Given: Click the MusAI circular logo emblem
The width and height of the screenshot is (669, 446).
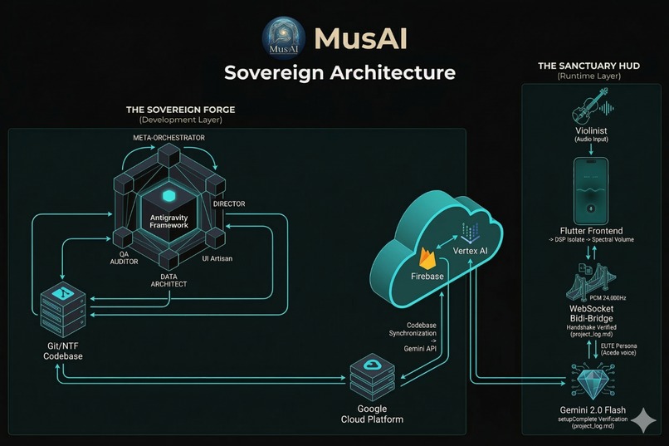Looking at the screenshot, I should coord(284,38).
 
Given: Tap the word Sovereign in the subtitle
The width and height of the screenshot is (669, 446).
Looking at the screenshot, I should coord(273,72).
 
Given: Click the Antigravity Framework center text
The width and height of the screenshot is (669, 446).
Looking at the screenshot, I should coord(169,220).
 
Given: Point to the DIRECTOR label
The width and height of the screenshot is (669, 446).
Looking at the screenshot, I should coord(229,203).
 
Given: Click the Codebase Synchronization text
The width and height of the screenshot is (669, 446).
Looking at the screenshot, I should coord(418,331).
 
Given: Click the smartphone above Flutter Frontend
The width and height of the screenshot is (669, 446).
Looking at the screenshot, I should coord(592,188).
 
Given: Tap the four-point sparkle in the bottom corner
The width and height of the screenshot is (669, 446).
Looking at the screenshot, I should coord(642,421).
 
